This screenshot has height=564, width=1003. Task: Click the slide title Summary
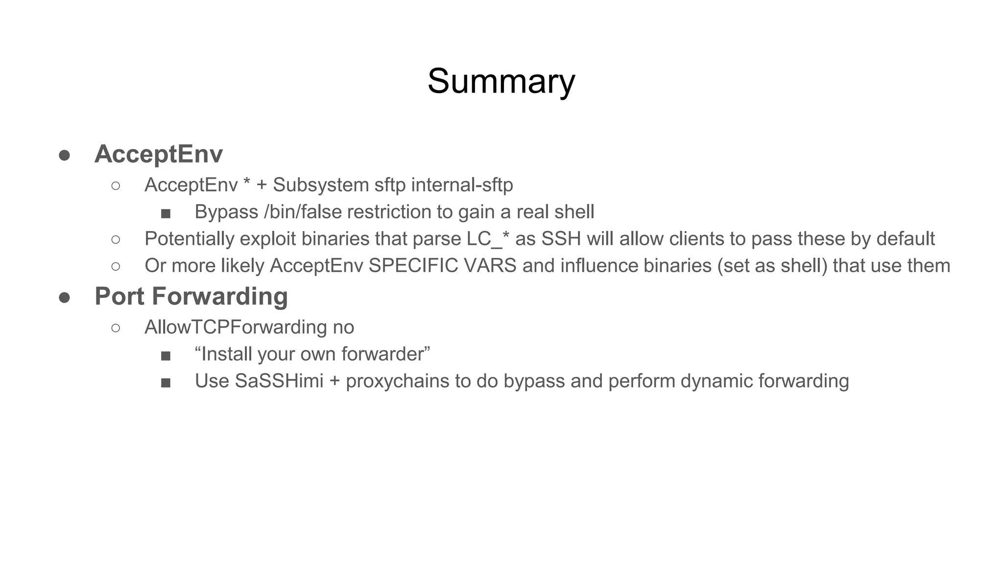click(x=501, y=81)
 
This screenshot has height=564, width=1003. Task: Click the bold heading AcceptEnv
click(x=159, y=154)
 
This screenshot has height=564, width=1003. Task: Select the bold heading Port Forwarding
click(x=191, y=297)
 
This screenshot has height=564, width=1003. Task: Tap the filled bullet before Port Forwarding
click(x=64, y=298)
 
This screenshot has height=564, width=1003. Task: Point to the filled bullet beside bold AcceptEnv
click(x=64, y=156)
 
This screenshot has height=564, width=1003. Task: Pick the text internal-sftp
click(x=462, y=185)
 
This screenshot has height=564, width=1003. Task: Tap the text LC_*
click(x=488, y=239)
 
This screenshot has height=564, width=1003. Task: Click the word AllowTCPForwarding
click(x=236, y=327)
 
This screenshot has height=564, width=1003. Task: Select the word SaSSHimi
click(x=279, y=381)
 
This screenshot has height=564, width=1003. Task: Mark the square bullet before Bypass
click(x=166, y=213)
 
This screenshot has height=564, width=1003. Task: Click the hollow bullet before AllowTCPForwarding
click(x=116, y=328)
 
